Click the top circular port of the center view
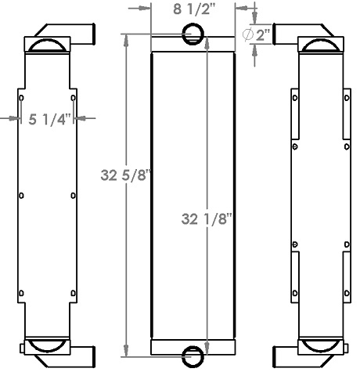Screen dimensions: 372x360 coord(193,34)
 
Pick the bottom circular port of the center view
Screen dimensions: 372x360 coord(193,356)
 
